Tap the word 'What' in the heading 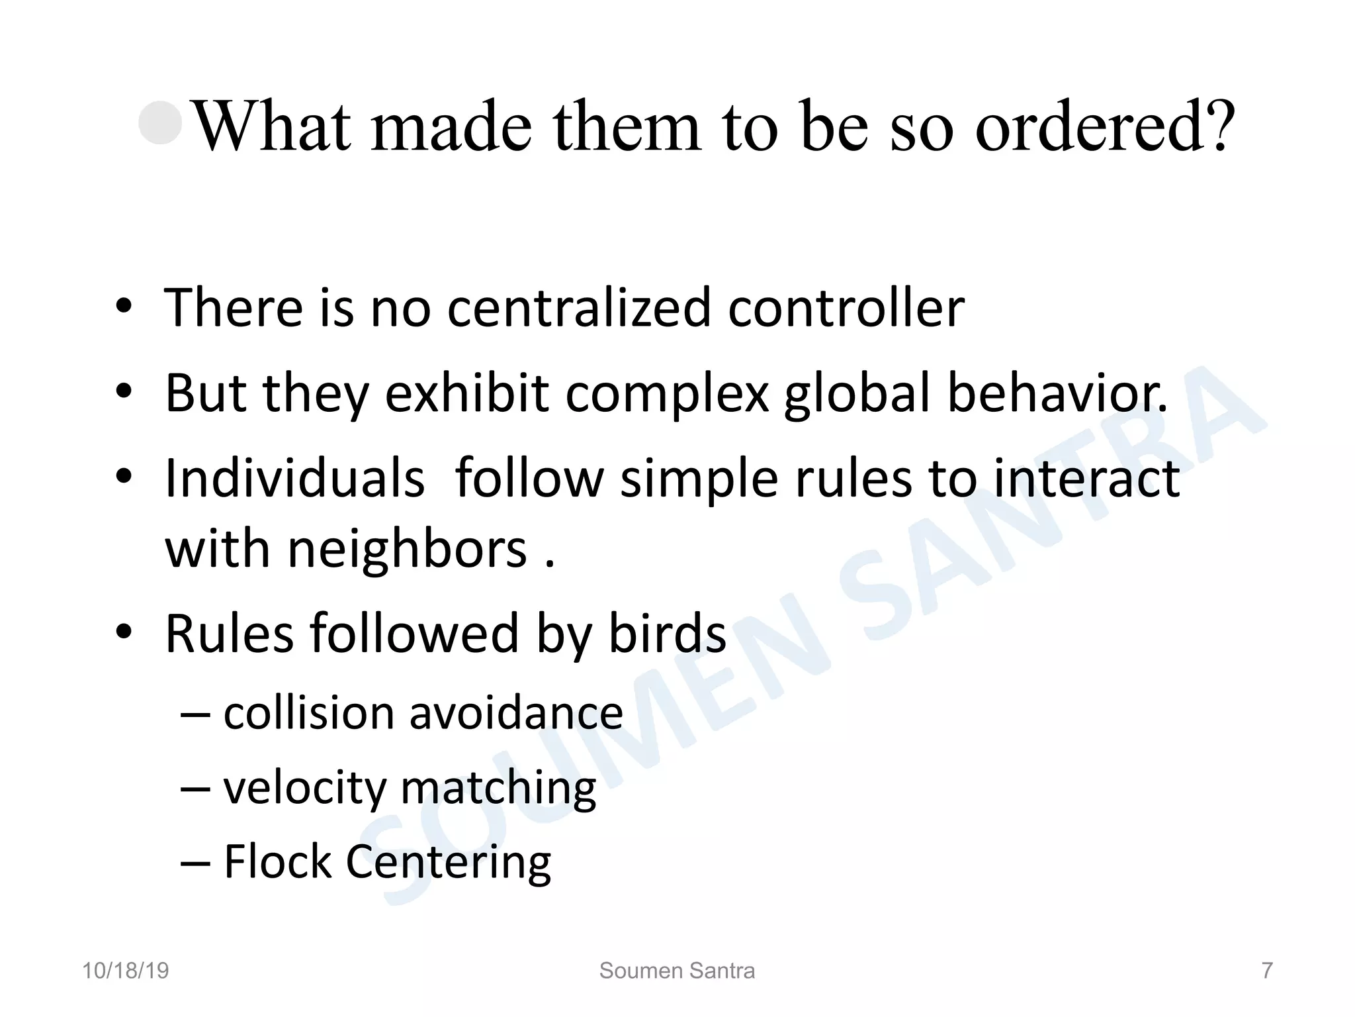tap(272, 126)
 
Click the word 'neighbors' tap(407, 549)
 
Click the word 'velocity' tap(304, 788)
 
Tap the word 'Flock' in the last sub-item tap(277, 861)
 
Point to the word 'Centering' tap(448, 863)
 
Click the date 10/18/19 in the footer tap(126, 971)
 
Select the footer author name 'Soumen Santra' tap(677, 971)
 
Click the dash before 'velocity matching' tap(196, 788)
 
